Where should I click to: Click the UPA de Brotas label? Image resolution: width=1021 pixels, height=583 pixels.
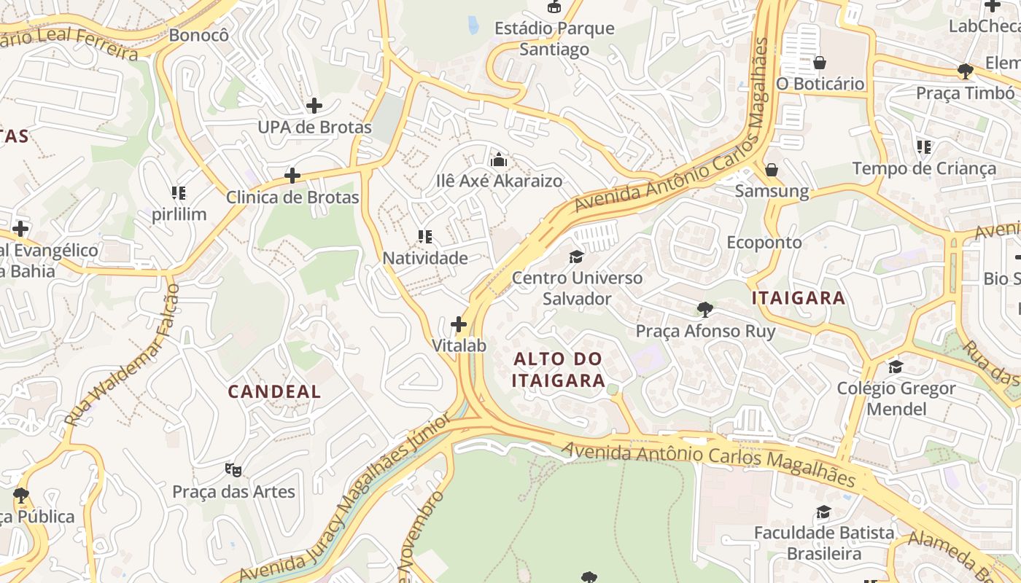[314, 128]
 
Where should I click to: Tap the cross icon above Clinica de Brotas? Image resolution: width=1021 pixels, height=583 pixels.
[292, 176]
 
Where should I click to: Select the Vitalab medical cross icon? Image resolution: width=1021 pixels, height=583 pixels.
[459, 324]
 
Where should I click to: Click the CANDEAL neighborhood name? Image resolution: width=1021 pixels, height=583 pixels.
[274, 391]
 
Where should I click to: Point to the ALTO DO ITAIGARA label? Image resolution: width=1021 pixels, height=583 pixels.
[558, 369]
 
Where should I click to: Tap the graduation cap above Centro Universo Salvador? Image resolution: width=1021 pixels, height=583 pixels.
[577, 257]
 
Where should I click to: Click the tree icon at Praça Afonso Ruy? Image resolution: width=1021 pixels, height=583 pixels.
[704, 310]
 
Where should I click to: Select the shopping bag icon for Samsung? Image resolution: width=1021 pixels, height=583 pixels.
[772, 171]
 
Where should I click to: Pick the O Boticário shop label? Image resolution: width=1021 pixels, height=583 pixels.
[820, 84]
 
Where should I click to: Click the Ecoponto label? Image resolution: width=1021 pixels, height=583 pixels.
[764, 242]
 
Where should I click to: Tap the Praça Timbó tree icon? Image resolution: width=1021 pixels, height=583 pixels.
[966, 71]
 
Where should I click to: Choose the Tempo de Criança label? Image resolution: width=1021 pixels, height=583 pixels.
[924, 169]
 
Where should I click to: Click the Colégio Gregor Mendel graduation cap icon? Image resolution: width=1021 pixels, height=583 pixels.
[896, 367]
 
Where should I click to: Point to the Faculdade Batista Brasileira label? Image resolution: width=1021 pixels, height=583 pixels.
[824, 543]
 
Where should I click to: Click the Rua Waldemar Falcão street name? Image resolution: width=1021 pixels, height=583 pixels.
[121, 356]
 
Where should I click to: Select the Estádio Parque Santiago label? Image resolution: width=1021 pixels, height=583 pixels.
[554, 39]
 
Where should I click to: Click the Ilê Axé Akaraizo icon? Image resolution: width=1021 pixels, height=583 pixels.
[500, 160]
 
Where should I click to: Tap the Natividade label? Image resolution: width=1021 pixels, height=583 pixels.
[425, 258]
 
